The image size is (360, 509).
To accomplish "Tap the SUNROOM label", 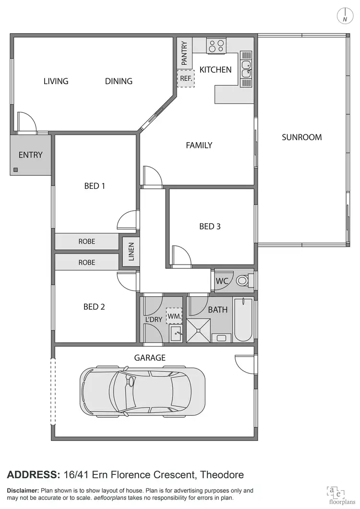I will (x=301, y=137).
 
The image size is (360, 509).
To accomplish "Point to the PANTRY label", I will (x=184, y=53).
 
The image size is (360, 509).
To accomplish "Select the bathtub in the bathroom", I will (x=243, y=319).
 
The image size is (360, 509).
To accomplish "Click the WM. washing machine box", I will (x=174, y=316).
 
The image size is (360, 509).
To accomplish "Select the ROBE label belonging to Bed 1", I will (x=87, y=242).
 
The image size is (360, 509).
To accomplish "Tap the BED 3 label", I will (x=210, y=226).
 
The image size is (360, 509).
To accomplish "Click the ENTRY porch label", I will (x=31, y=155).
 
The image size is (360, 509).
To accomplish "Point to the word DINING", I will (x=119, y=81).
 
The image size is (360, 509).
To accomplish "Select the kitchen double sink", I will (x=246, y=70).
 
